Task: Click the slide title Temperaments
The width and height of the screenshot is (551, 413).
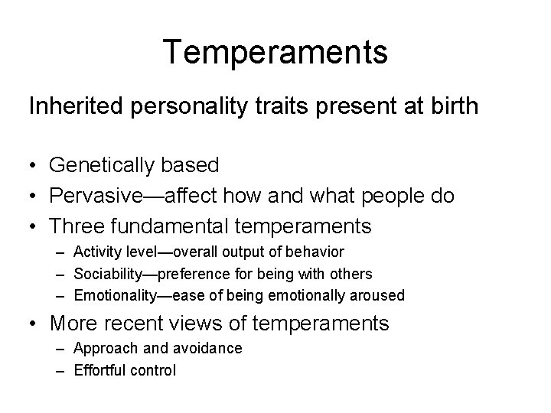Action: point(275,53)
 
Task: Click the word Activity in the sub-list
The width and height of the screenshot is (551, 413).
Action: point(96,252)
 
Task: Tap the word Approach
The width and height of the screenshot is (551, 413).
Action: point(100,349)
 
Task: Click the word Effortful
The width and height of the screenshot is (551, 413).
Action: point(99,370)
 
